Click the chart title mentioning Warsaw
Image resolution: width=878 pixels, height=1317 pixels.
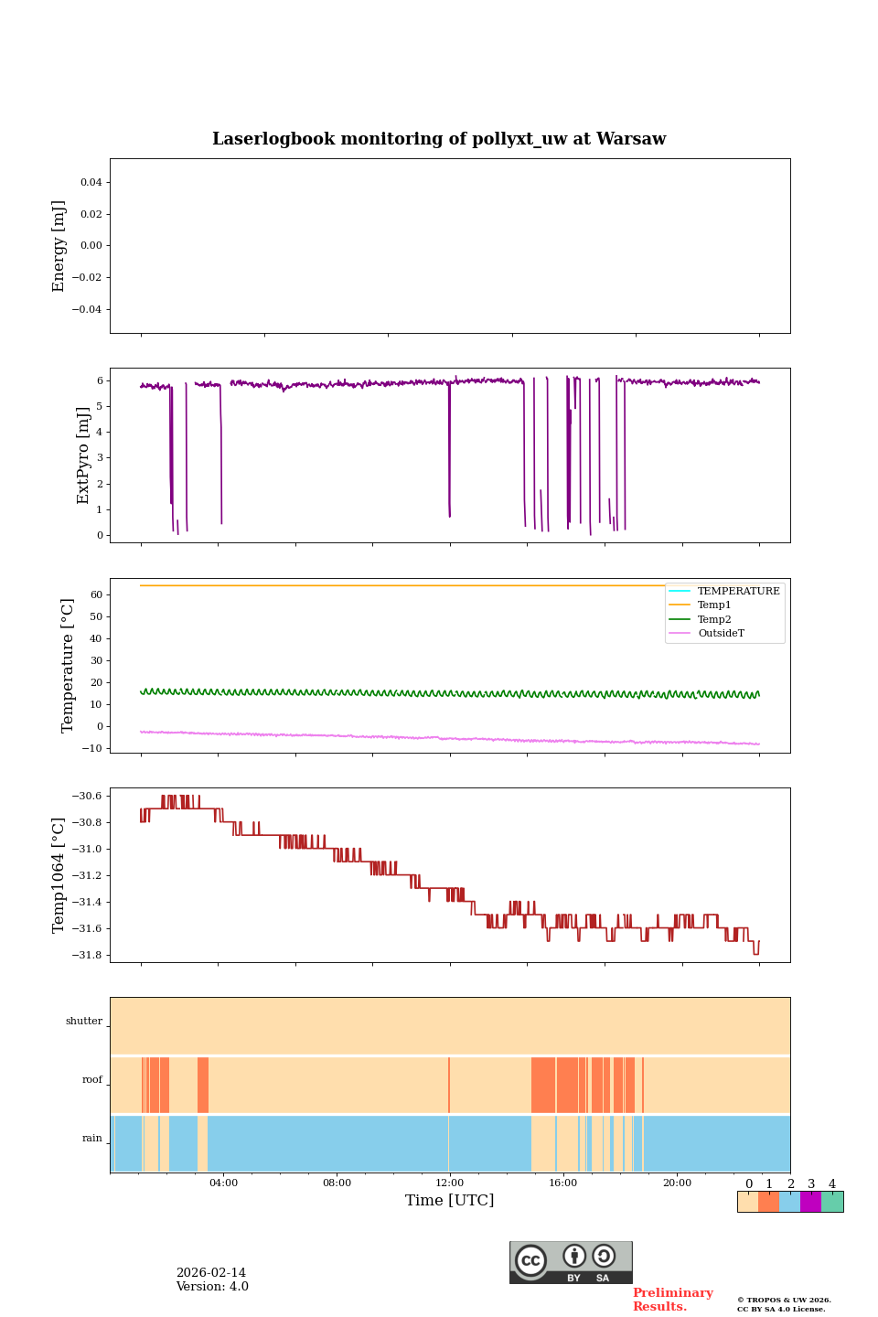point(439,139)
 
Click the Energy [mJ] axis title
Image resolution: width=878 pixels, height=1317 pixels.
point(59,246)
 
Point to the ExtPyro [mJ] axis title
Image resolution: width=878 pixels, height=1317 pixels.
point(83,455)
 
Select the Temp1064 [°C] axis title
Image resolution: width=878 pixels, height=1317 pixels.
point(59,875)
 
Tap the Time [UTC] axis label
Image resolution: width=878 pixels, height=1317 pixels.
point(450,1200)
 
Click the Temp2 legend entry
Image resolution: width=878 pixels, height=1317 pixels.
point(714,619)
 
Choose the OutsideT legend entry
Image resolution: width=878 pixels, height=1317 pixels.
point(721,633)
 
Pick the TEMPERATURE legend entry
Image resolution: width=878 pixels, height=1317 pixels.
point(738,591)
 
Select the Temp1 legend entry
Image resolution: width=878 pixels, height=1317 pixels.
point(714,605)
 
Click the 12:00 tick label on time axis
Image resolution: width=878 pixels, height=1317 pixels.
point(450,1183)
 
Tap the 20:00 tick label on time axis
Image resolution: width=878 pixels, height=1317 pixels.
point(677,1183)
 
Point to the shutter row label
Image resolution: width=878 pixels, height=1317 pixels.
point(84,1021)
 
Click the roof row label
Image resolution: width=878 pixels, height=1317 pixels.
point(92,1079)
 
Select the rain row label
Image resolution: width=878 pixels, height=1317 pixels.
point(92,1138)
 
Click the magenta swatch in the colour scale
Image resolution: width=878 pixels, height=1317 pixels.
point(810,1202)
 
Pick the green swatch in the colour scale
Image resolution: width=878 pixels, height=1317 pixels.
point(832,1202)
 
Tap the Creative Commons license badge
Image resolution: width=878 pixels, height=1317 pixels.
point(571,1262)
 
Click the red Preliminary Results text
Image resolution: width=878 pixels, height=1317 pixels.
point(672,1300)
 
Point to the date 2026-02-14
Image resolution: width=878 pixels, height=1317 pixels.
point(211,1273)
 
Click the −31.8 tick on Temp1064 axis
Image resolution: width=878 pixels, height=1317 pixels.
point(89,956)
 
